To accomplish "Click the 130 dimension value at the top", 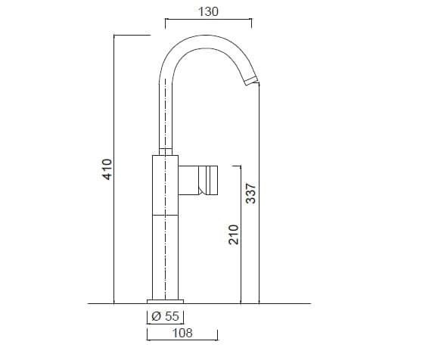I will [209, 11].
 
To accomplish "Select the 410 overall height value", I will [107, 169].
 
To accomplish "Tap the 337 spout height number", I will [251, 194].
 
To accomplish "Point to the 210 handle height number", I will [234, 234].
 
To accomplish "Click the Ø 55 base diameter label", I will [165, 317].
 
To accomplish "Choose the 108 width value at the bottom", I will [182, 333].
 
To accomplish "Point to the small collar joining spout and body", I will [166, 151].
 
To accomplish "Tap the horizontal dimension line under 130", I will [209, 20].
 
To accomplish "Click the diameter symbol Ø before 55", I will [155, 317].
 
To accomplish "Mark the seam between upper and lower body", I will [166, 214].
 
